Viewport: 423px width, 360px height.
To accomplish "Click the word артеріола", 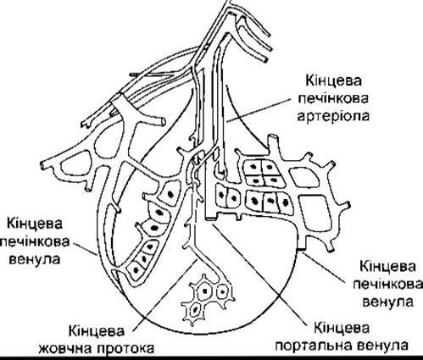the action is tap(333, 116).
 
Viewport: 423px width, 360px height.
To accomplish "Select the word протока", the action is tap(126, 349).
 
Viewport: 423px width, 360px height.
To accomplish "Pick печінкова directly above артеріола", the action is tap(333, 99).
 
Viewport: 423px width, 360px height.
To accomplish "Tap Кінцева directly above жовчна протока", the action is tap(97, 331).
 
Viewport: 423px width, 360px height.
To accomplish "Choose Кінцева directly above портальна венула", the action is tap(342, 328).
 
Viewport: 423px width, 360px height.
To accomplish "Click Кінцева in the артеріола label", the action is tap(333, 81).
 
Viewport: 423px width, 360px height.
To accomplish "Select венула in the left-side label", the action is tap(35, 258).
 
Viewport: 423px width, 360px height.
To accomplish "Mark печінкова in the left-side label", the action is tap(35, 242).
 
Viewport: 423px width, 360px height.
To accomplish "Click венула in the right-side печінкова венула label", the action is tap(388, 302).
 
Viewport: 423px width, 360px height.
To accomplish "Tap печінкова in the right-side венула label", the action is tap(388, 285).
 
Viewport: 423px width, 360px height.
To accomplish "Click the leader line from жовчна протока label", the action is tap(164, 295).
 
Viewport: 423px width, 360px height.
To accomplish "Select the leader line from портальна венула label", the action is tap(259, 274).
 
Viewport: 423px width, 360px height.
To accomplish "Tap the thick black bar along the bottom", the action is tap(211, 358).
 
